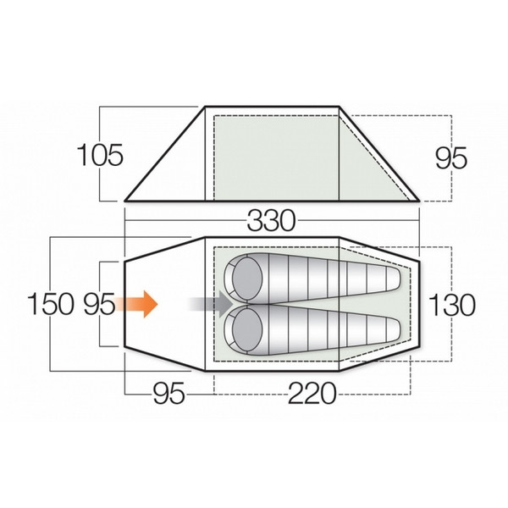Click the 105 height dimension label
[x=101, y=156]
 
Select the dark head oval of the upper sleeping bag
[x=246, y=279]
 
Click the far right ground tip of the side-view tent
[x=420, y=202]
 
